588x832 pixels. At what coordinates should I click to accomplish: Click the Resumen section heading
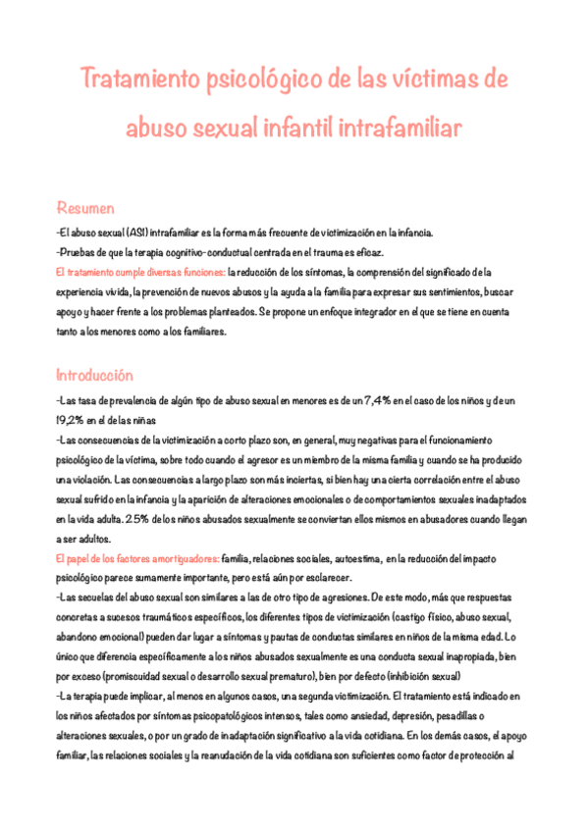coord(85,208)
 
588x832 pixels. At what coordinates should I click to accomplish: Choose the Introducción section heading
coord(94,375)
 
